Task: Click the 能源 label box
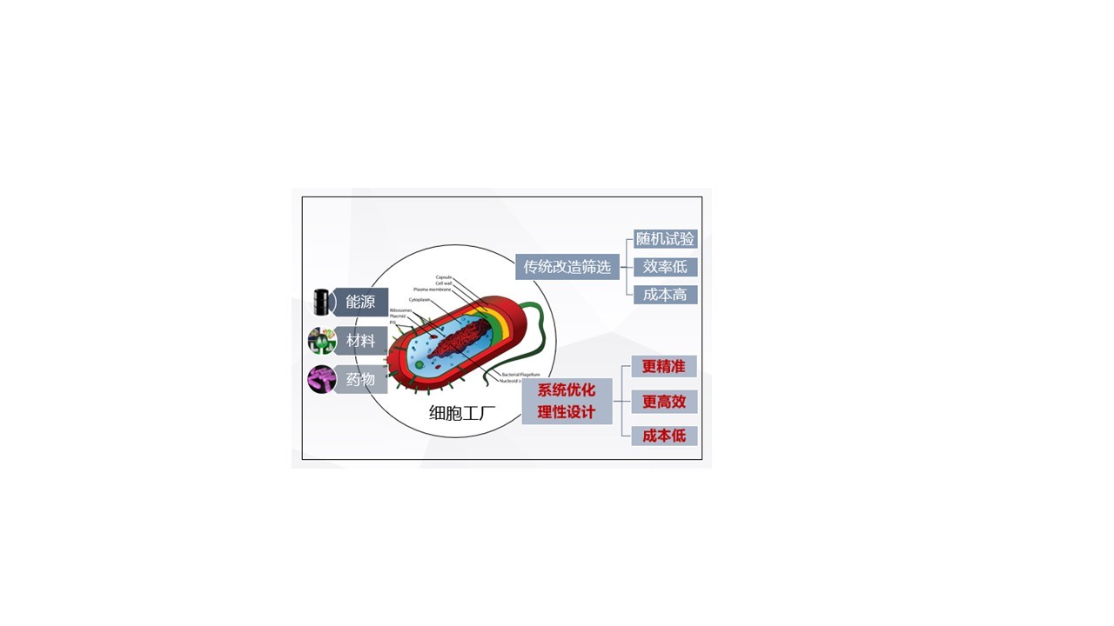point(360,302)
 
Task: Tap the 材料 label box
point(360,341)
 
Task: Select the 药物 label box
point(360,379)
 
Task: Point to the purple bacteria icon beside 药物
point(322,379)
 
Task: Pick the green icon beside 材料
point(322,341)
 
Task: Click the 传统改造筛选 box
point(567,267)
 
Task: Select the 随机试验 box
point(665,239)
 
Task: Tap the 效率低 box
point(665,267)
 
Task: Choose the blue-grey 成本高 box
point(665,295)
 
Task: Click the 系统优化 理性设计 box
point(567,401)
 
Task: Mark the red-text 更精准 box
point(664,367)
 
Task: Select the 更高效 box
point(664,402)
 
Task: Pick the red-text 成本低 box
point(664,436)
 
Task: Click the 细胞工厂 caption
point(462,413)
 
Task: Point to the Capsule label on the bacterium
point(444,277)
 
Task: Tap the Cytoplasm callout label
point(419,300)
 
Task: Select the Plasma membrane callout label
point(433,290)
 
